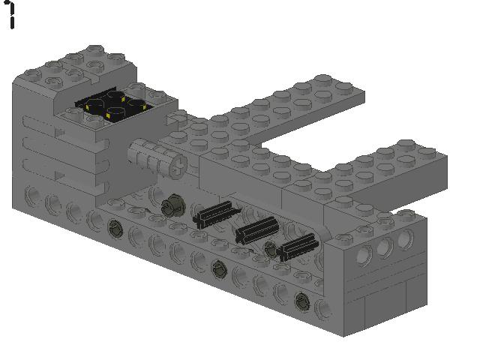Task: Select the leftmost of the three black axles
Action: pos(215,214)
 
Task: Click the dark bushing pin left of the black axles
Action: pos(175,202)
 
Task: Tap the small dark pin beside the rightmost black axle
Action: pos(271,249)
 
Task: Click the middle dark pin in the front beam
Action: pos(218,266)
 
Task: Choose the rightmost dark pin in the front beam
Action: pos(301,300)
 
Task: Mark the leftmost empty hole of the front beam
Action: pos(32,196)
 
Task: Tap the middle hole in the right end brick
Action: pos(385,247)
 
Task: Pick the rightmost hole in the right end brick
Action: pos(405,239)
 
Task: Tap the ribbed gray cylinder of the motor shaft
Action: pos(150,157)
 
